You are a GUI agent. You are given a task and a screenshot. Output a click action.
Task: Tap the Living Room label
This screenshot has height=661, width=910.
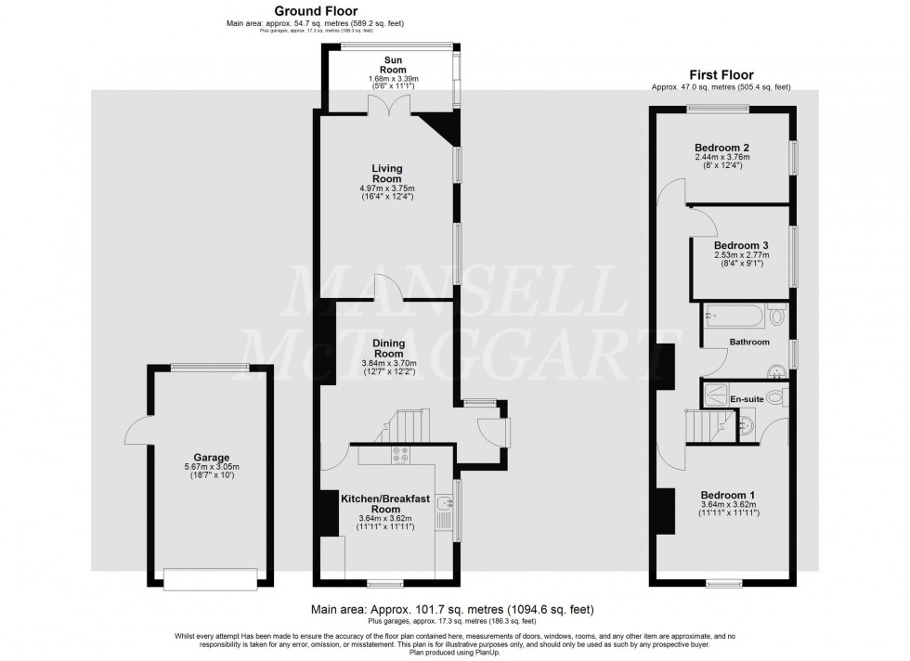pyautogui.click(x=387, y=174)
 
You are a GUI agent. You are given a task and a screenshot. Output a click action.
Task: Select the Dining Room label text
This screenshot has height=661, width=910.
pyautogui.click(x=388, y=348)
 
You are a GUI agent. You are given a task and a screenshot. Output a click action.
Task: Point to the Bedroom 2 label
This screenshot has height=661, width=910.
pyautogui.click(x=721, y=148)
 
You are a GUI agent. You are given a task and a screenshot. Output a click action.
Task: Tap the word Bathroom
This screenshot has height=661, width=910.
pyautogui.click(x=748, y=343)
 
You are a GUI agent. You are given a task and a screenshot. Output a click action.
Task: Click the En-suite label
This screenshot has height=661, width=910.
pyautogui.click(x=747, y=399)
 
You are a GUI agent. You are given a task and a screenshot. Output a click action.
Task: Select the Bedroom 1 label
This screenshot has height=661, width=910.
pyautogui.click(x=728, y=495)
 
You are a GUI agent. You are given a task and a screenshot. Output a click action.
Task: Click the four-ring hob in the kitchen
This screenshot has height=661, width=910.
pyautogui.click(x=402, y=455)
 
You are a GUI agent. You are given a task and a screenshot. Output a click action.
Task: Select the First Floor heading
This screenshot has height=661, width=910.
pyautogui.click(x=721, y=75)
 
